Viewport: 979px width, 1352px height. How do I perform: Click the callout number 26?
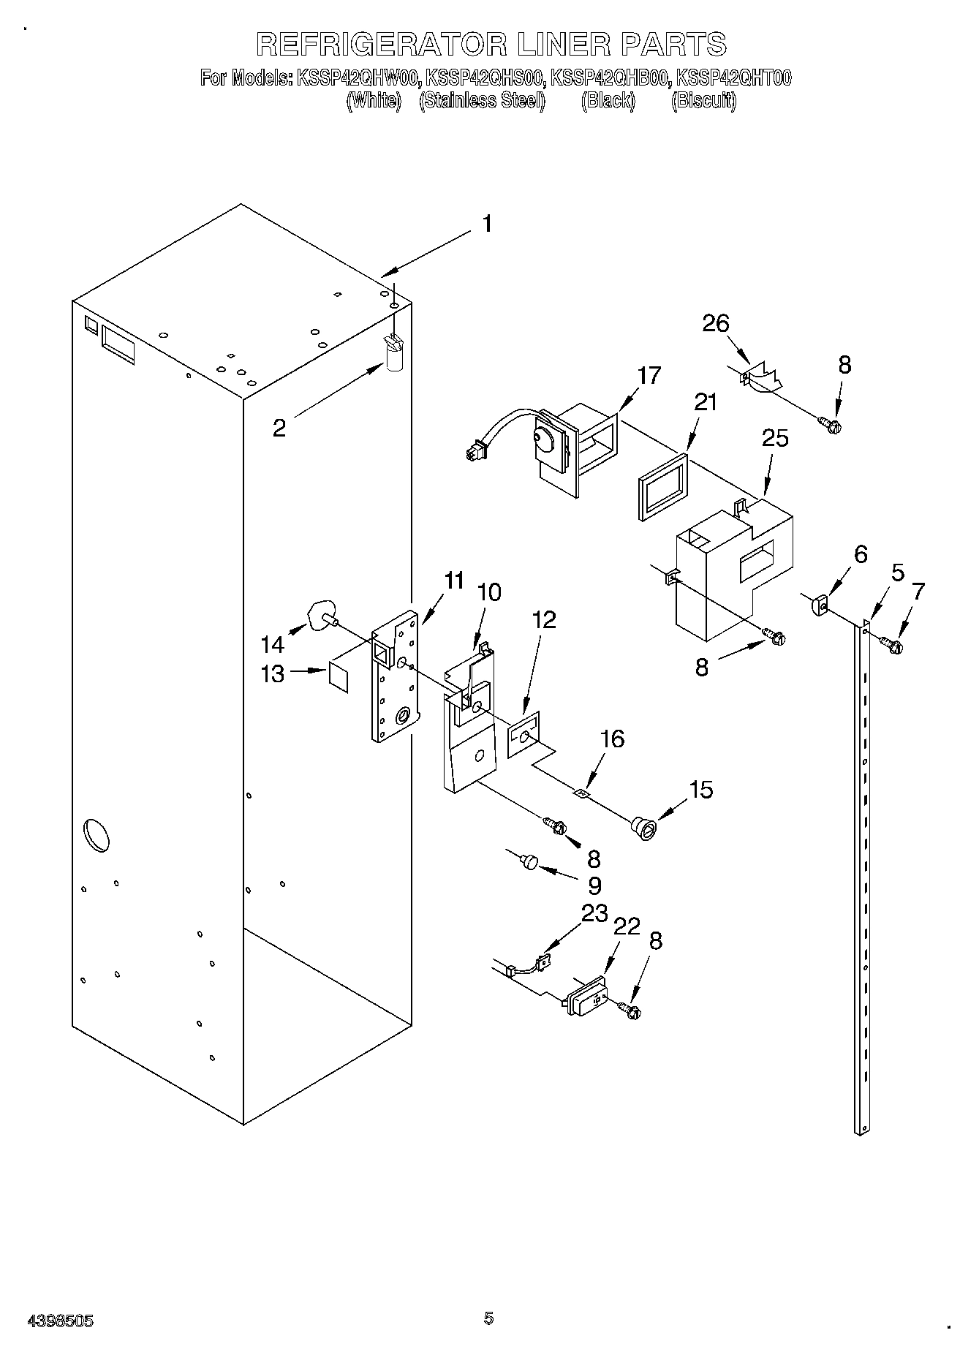(x=716, y=322)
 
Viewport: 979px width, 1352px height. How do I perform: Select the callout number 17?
(x=649, y=375)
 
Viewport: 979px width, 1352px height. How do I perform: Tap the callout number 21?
(x=705, y=402)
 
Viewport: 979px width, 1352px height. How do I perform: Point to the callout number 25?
(x=775, y=438)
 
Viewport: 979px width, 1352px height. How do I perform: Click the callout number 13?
(x=272, y=673)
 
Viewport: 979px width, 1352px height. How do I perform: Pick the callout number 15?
(x=700, y=790)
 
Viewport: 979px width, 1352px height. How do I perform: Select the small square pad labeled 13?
(x=339, y=676)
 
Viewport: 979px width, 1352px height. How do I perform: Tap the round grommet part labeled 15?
(x=643, y=828)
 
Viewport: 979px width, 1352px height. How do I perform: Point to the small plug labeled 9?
(x=529, y=863)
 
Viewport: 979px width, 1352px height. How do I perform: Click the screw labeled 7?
(x=891, y=644)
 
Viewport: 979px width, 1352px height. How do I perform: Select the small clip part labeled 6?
(x=818, y=605)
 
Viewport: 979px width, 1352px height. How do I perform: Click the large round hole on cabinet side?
(x=98, y=836)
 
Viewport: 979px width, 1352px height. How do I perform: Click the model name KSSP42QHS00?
(x=485, y=78)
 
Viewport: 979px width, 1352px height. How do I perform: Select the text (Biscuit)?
(x=703, y=100)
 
